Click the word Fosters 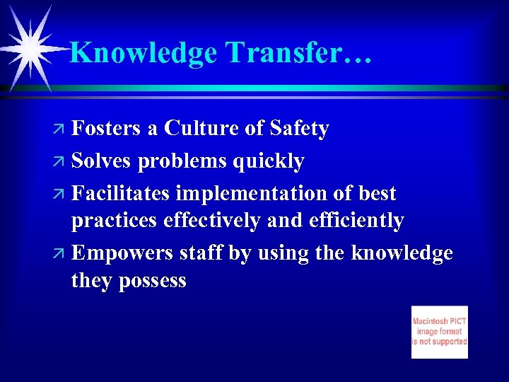click(x=107, y=129)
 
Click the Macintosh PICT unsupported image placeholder click(x=439, y=332)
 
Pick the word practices click(x=115, y=221)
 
